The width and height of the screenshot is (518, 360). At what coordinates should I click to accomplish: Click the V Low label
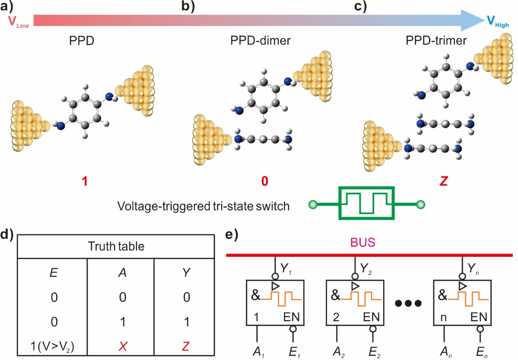pyautogui.click(x=18, y=23)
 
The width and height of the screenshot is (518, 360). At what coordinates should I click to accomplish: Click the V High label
pyautogui.click(x=497, y=22)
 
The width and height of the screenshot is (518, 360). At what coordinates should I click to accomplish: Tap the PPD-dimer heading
pyautogui.click(x=260, y=41)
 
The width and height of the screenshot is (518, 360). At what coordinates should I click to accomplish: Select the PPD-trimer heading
pyautogui.click(x=436, y=41)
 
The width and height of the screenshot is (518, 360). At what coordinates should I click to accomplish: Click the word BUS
pyautogui.click(x=369, y=244)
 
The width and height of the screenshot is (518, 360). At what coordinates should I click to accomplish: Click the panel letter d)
pyautogui.click(x=9, y=234)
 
